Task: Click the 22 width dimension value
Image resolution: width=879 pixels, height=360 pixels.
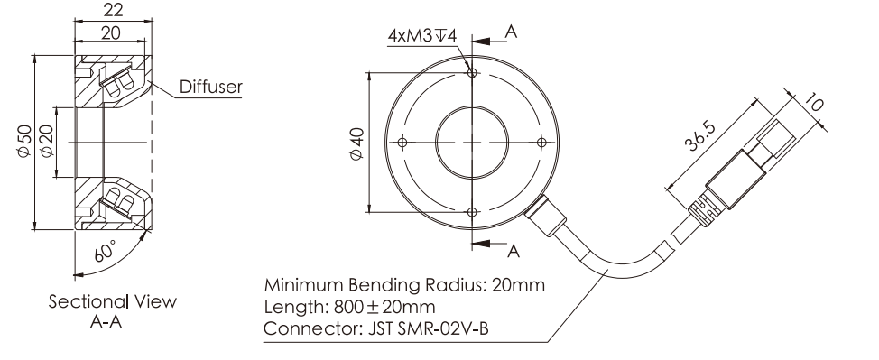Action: tap(113, 10)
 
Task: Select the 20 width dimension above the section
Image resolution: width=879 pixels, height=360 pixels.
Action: tap(111, 33)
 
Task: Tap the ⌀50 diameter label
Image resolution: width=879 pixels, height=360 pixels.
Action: tap(24, 142)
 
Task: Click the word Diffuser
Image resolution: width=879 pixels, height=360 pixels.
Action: tap(211, 87)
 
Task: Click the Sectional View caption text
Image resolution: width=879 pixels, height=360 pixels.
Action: tap(112, 301)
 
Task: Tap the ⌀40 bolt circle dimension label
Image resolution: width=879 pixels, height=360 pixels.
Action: tap(357, 144)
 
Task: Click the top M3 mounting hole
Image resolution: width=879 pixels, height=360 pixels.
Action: tap(472, 72)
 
